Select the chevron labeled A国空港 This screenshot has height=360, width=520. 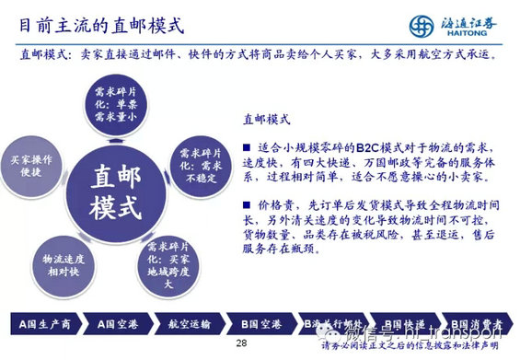click(113, 323)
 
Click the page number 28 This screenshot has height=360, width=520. click(242, 343)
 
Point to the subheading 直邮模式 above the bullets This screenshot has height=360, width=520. click(267, 120)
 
